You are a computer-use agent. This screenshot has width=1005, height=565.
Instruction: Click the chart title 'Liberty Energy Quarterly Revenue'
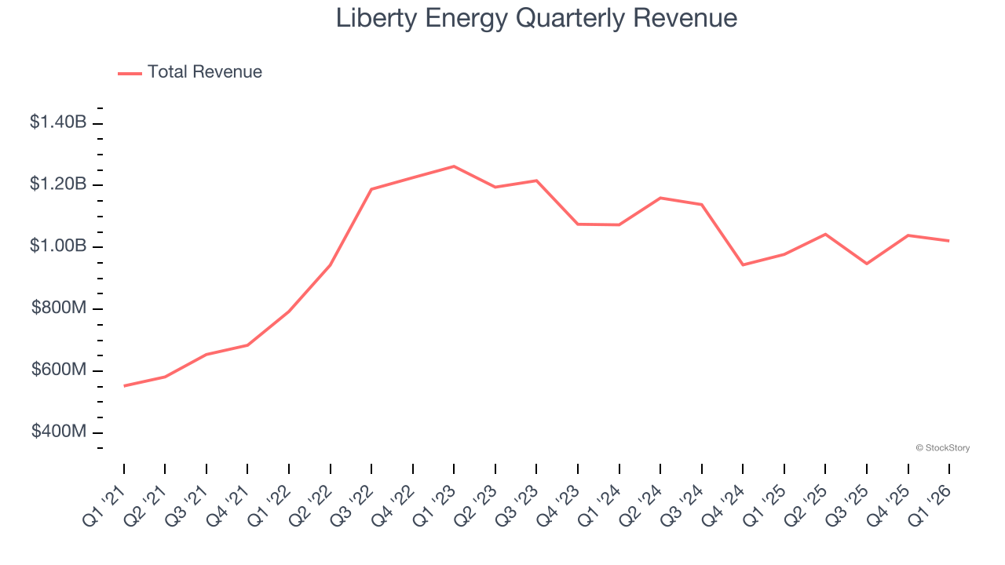pyautogui.click(x=536, y=18)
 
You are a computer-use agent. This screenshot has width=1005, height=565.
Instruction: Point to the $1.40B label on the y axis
pyautogui.click(x=58, y=122)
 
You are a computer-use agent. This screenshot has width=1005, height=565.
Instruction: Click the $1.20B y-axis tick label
pyautogui.click(x=58, y=184)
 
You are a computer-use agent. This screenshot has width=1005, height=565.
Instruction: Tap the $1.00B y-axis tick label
pyautogui.click(x=58, y=246)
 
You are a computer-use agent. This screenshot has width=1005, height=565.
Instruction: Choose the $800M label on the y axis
pyautogui.click(x=59, y=308)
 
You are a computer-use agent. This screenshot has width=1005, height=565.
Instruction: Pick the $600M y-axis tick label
pyautogui.click(x=59, y=370)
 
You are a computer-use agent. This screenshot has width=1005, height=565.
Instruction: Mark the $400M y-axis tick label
pyautogui.click(x=59, y=432)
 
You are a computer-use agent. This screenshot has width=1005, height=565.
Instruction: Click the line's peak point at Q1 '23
pyautogui.click(x=454, y=166)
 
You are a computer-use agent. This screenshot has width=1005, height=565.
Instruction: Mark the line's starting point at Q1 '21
pyautogui.click(x=124, y=386)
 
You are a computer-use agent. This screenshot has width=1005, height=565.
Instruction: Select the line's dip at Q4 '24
pyautogui.click(x=743, y=264)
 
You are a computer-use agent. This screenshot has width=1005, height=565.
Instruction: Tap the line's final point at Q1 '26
pyautogui.click(x=949, y=241)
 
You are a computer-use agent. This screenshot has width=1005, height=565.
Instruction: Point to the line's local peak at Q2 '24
pyautogui.click(x=660, y=198)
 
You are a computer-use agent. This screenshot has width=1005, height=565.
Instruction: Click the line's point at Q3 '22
pyautogui.click(x=371, y=189)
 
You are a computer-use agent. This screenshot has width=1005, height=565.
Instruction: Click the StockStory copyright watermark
pyautogui.click(x=942, y=448)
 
